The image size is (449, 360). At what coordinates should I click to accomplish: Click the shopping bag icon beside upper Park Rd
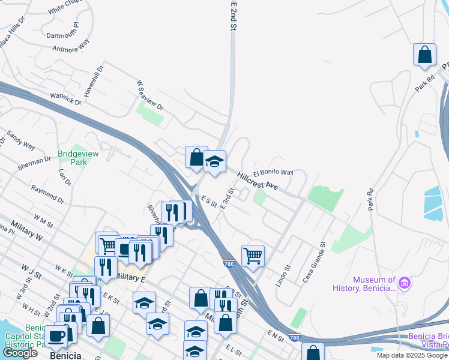pos(424,55)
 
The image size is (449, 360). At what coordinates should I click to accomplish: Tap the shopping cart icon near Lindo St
pos(253,256)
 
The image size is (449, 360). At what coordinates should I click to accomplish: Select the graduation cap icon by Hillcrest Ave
pos(214,161)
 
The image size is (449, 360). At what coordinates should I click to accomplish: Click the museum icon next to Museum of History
pos(405,281)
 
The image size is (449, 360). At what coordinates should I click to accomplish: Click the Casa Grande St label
pos(314,262)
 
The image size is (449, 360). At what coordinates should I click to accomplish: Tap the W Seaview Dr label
pos(150,95)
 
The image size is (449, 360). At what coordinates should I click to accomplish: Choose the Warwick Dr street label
pos(65,98)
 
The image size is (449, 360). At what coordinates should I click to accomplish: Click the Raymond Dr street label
pos(48,193)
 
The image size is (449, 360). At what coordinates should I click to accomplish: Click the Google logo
pos(20,353)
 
